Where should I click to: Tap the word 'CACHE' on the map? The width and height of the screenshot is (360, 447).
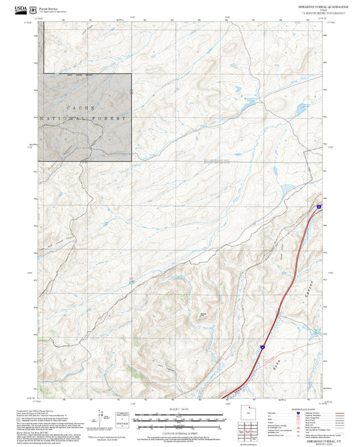80,108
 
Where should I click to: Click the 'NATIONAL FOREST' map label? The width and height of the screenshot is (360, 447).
84,119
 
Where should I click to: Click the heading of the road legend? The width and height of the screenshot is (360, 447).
298,408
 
